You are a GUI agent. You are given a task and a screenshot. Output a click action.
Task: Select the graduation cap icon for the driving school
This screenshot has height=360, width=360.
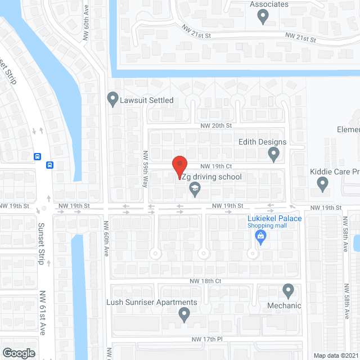(x=195, y=188)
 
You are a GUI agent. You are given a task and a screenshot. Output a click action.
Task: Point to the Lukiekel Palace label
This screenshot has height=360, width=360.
(x=275, y=218)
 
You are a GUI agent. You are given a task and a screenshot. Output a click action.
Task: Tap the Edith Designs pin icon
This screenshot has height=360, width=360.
(x=274, y=154)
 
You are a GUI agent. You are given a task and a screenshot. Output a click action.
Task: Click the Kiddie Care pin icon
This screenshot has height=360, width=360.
(x=322, y=183)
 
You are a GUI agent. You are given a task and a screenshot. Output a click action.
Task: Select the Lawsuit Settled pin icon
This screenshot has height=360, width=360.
(x=112, y=100)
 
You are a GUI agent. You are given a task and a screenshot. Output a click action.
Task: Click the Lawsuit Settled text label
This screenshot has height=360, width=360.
(x=147, y=100)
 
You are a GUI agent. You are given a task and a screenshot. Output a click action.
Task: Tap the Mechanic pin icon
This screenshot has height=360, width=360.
(x=288, y=291)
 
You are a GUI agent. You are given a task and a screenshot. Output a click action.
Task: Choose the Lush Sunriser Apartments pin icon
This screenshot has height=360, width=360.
(x=184, y=315)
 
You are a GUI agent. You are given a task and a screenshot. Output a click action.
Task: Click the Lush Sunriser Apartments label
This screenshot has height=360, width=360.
(x=152, y=302)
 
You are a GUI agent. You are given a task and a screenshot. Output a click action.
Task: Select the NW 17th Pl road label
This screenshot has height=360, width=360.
(x=208, y=339)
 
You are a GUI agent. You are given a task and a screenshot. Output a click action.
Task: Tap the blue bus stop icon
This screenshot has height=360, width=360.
(x=49, y=165)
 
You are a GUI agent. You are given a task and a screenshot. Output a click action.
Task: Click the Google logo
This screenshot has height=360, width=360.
(x=19, y=353)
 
